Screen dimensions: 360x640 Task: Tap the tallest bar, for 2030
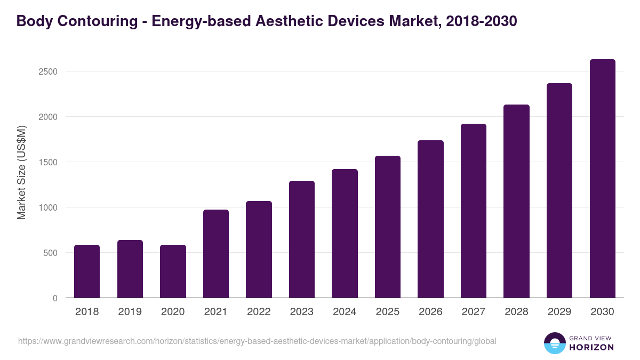pos(603,179)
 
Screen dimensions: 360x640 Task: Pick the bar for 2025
pos(388,227)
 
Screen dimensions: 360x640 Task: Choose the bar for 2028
pos(516,201)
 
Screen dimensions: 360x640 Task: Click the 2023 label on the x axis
pos(302,311)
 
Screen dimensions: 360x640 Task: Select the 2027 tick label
pos(474,311)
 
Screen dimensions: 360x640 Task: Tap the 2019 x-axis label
pos(130,311)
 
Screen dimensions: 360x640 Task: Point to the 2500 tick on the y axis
pos(48,71)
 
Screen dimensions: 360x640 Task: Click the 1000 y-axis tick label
pos(48,207)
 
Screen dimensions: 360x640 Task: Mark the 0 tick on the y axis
pos(55,298)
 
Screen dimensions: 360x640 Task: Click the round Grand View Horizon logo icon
pos(555,343)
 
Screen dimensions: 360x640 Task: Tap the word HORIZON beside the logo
pos(592,347)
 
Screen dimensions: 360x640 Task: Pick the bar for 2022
pos(259,249)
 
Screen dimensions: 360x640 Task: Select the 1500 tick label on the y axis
pos(48,162)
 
